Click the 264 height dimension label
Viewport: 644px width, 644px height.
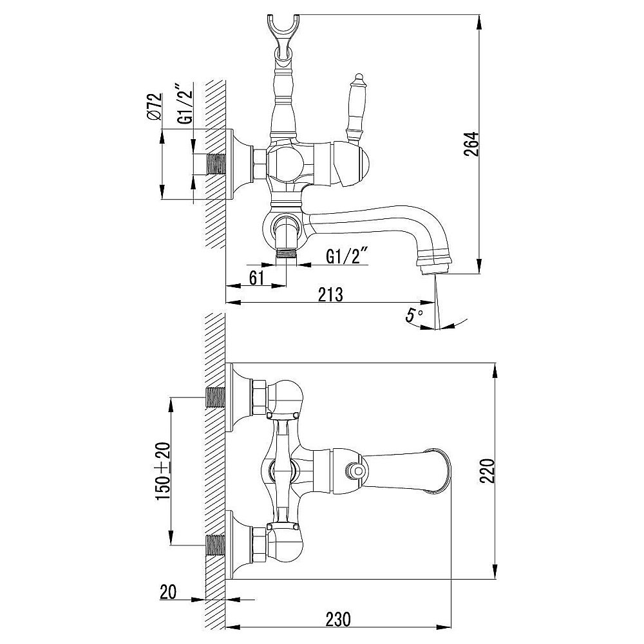click(x=471, y=144)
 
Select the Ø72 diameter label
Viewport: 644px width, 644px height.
click(x=155, y=106)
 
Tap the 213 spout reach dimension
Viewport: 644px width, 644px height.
click(x=330, y=294)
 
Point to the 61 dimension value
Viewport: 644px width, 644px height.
click(x=257, y=278)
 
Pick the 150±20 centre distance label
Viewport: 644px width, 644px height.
click(x=163, y=471)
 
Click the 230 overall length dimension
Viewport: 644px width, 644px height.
click(x=339, y=619)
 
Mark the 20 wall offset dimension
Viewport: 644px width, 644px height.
click(x=168, y=592)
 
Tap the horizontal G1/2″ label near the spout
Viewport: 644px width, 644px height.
click(x=346, y=256)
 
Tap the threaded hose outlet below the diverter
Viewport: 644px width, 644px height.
click(x=287, y=253)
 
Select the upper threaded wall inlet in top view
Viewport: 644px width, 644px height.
click(x=215, y=397)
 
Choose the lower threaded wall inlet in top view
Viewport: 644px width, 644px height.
click(x=215, y=545)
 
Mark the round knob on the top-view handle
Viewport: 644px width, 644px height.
click(x=355, y=469)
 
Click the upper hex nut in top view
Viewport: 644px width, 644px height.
click(x=259, y=397)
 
